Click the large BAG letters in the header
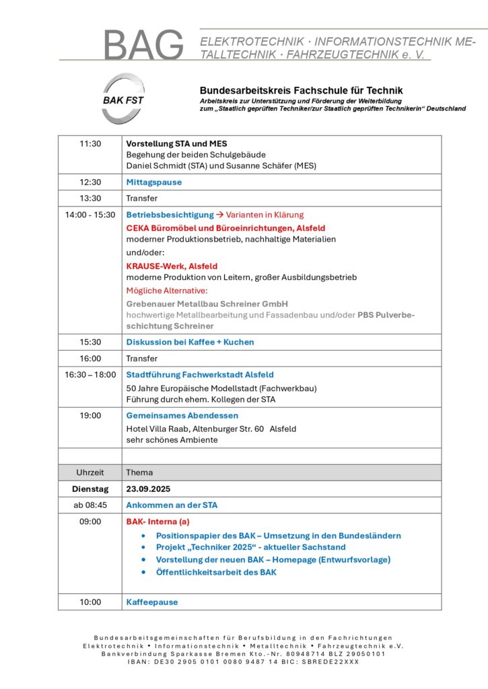143,45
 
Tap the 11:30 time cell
90,144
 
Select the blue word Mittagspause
154,182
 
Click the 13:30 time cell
90,198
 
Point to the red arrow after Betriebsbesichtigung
219,215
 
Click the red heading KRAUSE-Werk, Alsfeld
172,266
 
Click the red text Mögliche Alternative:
168,291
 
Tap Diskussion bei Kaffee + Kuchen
190,342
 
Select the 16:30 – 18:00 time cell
90,375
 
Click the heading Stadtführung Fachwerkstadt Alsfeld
200,375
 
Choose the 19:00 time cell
90,416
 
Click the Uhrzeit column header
90,472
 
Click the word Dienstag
90,489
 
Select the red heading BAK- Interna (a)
158,521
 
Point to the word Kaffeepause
152,602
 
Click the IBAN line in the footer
243,661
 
